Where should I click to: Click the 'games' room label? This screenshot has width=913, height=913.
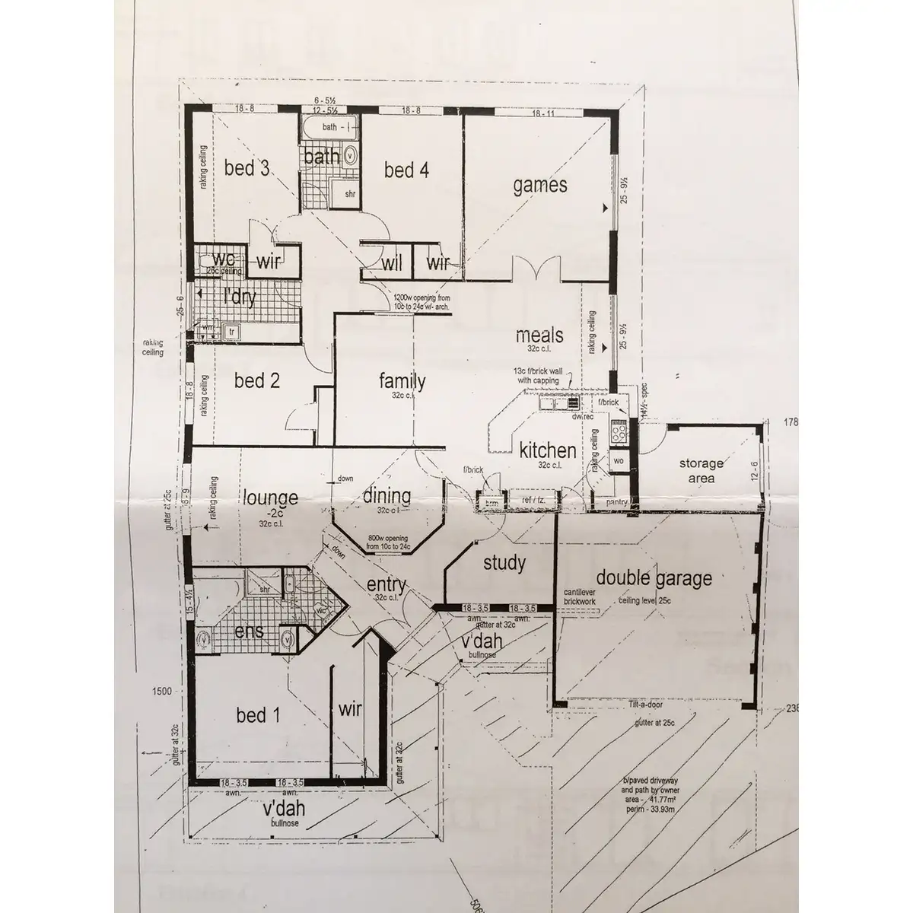coord(539,185)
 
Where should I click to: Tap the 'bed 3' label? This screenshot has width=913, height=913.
coord(248,168)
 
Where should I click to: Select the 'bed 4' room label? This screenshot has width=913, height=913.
coord(406,170)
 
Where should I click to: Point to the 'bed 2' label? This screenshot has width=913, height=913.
coord(256,380)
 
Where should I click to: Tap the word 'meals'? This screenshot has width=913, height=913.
coord(539,336)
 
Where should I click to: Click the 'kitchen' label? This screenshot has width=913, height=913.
coord(547,450)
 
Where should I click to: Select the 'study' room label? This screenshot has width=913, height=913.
coord(504,563)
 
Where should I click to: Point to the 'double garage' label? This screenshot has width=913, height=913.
coord(654,578)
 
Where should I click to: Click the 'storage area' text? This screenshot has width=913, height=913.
coord(701,470)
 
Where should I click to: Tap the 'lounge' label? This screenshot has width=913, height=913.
coord(271,498)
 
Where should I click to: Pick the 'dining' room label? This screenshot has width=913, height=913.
coord(387,496)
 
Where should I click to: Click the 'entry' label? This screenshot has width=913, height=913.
coord(386,584)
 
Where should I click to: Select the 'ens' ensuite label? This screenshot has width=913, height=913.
coord(249,631)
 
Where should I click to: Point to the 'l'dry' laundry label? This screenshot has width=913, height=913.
coord(239,297)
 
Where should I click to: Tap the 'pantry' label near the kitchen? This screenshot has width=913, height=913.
coord(616,503)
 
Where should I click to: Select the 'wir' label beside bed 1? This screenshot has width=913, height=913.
coord(349,710)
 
